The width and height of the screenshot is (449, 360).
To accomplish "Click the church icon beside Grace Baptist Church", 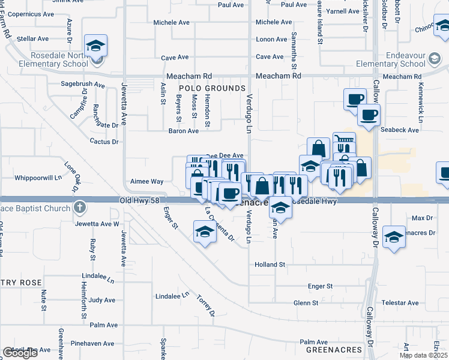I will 80,208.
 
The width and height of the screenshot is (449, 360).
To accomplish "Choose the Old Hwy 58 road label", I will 141,200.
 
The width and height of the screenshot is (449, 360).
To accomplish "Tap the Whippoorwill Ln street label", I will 38,178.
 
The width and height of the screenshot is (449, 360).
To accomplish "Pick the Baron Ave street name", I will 183,131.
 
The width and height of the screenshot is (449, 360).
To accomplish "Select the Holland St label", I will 270,264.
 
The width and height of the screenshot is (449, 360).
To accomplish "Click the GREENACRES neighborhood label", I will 334,349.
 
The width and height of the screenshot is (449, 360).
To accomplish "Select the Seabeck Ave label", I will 399,130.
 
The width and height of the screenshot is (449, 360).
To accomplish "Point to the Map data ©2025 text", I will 423,355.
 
